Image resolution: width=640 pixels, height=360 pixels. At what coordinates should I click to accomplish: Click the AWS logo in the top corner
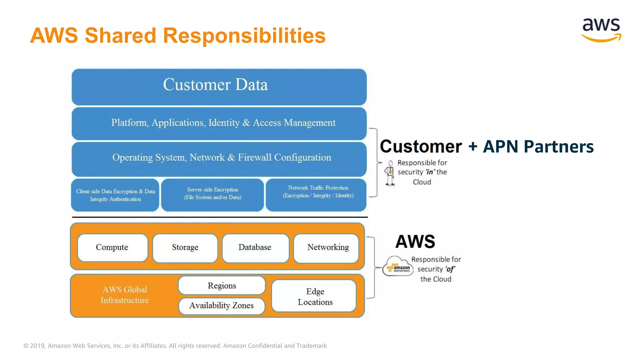coord(601,30)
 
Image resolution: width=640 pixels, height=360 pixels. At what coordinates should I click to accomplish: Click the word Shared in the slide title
coord(120,35)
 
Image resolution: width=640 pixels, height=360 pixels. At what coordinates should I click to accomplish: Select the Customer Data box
coord(219,87)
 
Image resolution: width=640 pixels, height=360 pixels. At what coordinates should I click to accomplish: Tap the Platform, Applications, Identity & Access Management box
coord(219,123)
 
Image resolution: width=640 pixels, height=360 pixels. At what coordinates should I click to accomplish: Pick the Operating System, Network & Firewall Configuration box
coord(219,158)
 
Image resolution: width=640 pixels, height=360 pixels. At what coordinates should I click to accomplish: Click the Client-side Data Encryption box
coord(115,195)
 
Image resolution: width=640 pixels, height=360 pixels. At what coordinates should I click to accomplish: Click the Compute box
coord(112,247)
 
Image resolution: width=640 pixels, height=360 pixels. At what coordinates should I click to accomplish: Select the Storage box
coord(185,247)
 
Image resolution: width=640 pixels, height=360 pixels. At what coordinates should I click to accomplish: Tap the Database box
coord(255,247)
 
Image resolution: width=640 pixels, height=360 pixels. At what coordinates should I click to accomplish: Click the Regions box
coord(222,286)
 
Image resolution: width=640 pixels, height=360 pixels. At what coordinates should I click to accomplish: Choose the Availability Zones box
coord(222,306)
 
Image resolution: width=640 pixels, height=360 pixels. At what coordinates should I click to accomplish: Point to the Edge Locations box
coord(314,296)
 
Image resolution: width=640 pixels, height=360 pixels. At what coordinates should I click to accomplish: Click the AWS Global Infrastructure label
coord(125,295)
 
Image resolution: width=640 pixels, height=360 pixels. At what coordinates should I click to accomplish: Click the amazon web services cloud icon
coord(398,266)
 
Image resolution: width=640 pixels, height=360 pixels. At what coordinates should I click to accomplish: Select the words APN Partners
coord(538,147)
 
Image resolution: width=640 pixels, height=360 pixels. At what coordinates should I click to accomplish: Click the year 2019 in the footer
coord(37,346)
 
